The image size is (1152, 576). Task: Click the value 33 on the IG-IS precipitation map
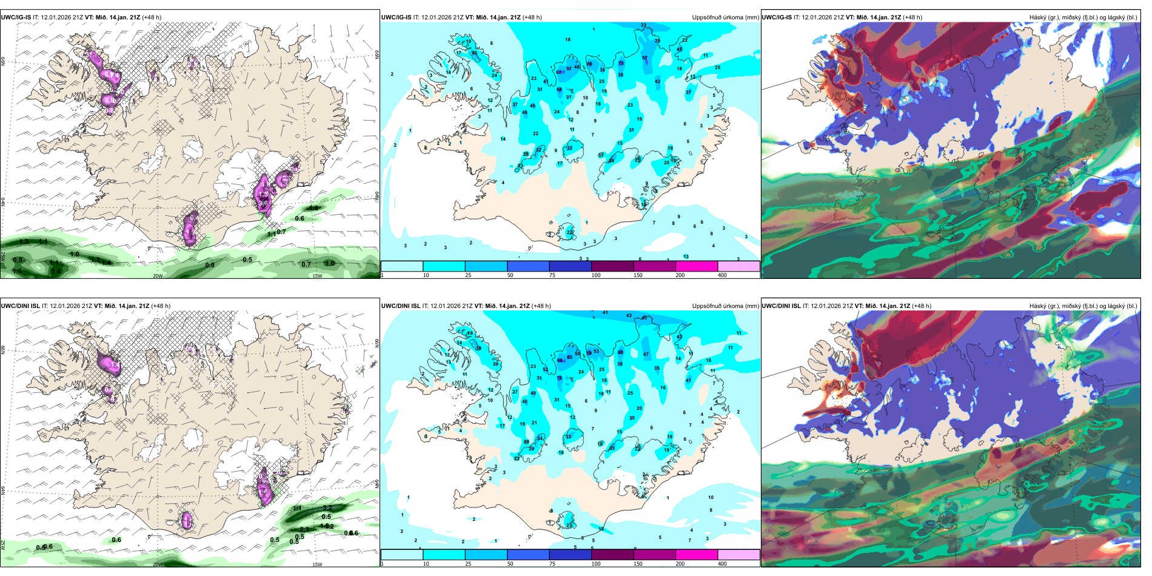tap(643, 25)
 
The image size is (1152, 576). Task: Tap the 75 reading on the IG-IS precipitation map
tap(621, 63)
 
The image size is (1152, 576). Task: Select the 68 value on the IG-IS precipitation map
tap(560, 90)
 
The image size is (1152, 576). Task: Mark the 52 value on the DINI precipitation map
tap(545, 369)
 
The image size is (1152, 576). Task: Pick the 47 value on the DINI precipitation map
tap(646, 354)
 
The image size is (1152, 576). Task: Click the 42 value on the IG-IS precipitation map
tap(658, 81)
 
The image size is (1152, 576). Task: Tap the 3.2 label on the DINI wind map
tap(327, 507)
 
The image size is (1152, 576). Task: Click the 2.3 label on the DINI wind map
tap(304, 529)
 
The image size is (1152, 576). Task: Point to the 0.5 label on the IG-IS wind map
tap(247, 260)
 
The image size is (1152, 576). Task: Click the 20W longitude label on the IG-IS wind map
tap(158, 276)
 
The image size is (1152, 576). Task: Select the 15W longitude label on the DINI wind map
tap(316, 564)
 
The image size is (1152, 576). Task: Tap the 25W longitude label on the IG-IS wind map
tap(4, 256)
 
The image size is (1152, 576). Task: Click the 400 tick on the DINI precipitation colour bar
tap(722, 564)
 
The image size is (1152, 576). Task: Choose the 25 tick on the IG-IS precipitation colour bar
tap(468, 275)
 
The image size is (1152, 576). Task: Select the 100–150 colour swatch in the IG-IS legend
tap(612, 266)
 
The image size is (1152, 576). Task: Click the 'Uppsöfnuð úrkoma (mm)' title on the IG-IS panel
tap(725, 18)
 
